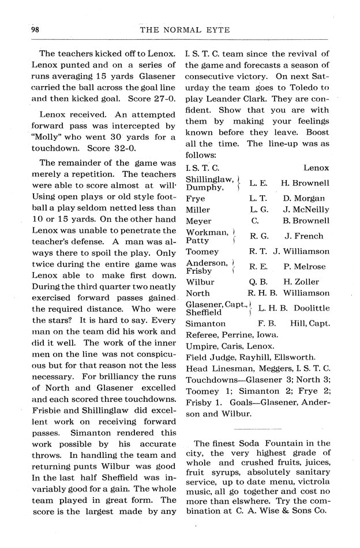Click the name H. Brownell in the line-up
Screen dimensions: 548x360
pos(305,183)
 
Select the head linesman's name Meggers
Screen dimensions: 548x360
pos(271,368)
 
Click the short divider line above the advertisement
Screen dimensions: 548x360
pos(256,429)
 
